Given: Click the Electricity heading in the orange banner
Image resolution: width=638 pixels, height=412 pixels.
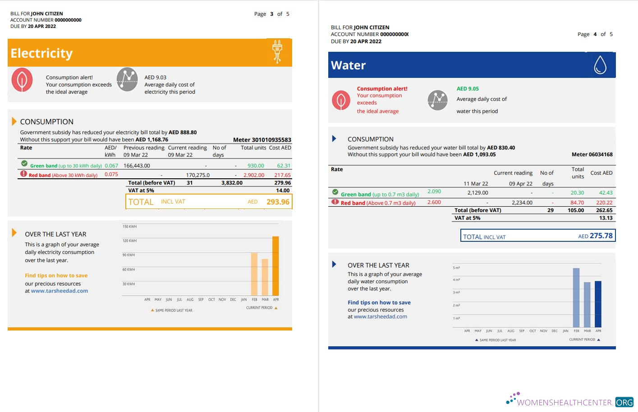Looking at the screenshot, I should click(41, 54).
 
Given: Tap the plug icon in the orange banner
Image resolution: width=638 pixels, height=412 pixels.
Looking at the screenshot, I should click(277, 51).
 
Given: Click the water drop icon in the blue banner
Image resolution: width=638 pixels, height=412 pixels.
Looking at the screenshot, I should click(600, 65).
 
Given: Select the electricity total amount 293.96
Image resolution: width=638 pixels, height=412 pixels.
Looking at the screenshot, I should click(278, 202).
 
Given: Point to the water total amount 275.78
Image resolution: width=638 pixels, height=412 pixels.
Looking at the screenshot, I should click(601, 236).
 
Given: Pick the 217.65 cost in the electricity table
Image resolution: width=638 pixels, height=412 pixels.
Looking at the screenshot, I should click(282, 175).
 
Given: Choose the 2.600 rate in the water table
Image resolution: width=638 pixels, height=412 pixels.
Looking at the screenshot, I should click(434, 202).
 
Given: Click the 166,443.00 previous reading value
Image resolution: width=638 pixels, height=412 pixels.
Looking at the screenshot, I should click(137, 166).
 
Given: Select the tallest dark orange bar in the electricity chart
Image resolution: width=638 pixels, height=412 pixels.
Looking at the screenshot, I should click(275, 266).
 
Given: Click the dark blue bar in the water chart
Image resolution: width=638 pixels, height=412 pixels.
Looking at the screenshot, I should click(598, 304).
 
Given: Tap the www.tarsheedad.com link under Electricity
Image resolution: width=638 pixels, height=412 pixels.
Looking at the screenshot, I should click(60, 291).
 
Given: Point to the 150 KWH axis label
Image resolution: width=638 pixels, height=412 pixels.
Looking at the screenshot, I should click(129, 226).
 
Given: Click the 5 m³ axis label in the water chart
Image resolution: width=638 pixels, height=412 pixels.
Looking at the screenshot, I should click(456, 268).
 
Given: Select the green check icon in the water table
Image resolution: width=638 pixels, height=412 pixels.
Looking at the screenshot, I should click(335, 192).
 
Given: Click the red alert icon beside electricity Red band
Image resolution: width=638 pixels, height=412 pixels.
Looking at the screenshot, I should click(23, 174).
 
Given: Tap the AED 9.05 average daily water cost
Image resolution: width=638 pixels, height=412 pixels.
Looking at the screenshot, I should click(468, 89).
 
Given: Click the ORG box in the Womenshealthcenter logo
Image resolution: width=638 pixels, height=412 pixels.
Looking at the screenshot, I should click(624, 402).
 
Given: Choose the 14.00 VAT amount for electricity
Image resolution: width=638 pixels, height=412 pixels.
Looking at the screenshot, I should click(283, 190).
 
